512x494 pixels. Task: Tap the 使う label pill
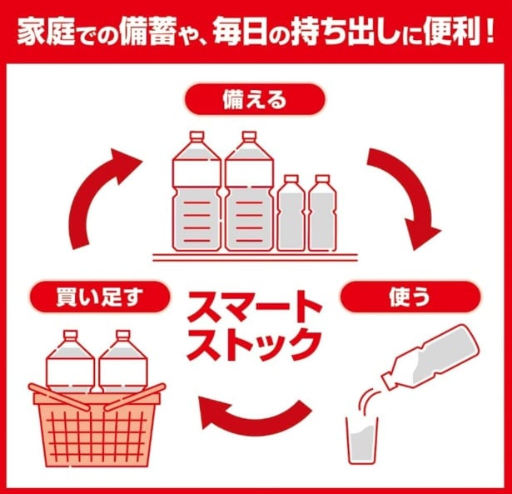coord(410,296)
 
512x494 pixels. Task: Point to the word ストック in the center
coord(254,342)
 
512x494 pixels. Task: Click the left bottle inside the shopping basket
coord(71,361)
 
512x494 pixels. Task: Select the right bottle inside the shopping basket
coord(122,361)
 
